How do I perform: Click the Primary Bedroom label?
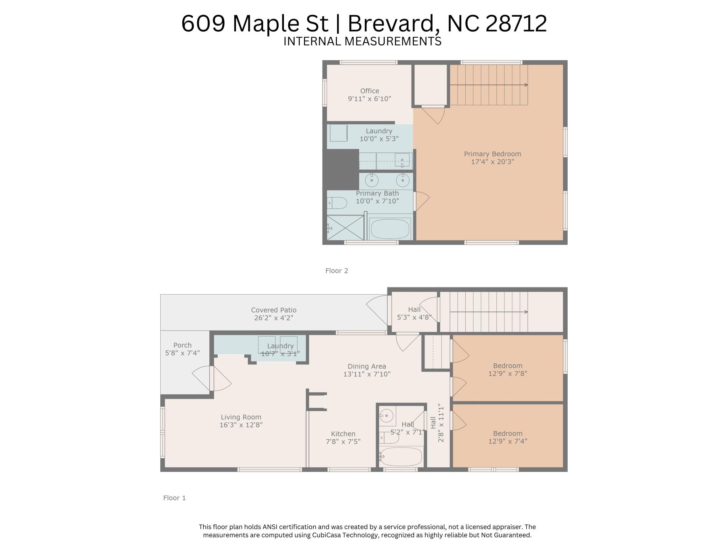tap(492, 154)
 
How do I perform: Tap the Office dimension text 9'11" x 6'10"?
tap(369, 99)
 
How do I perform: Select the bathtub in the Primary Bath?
tap(390, 229)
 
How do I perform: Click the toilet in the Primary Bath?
tap(337, 203)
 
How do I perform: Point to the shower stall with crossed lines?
tap(345, 227)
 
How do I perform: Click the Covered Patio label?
tap(273, 310)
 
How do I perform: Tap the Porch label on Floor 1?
tap(182, 345)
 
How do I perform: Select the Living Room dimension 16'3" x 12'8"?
tap(241, 425)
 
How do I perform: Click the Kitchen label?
tap(343, 434)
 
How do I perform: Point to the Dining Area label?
tap(366, 366)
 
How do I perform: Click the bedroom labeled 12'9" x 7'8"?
tap(507, 370)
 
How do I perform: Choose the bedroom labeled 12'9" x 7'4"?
tap(507, 437)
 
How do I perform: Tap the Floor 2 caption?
tap(337, 271)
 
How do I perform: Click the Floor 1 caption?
tap(174, 498)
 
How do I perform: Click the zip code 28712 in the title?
tap(516, 24)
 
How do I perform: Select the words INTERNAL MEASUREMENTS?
tap(362, 42)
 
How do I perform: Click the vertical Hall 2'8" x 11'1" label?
tap(437, 423)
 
